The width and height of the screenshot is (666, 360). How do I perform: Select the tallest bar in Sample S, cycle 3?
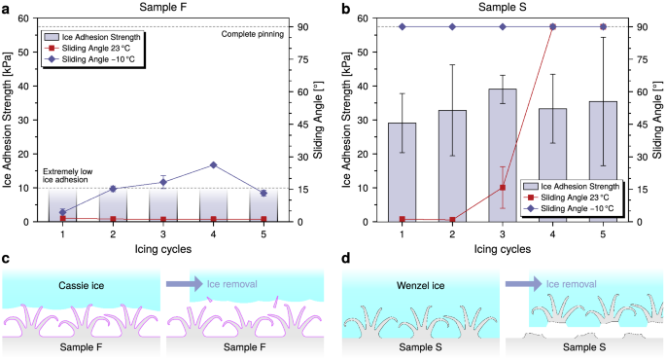tap(503, 155)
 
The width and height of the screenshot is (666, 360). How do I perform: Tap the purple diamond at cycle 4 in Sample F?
tap(213, 165)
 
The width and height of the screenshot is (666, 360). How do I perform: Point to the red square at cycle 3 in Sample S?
tap(503, 188)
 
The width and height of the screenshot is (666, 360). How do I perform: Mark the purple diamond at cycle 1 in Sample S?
tap(402, 27)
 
